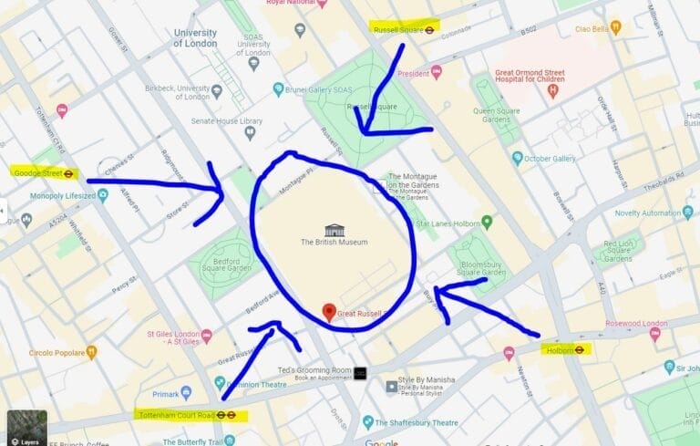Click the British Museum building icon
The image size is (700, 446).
pyautogui.click(x=335, y=229)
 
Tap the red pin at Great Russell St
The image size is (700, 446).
pyautogui.click(x=329, y=311)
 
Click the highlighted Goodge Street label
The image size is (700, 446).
pyautogui.click(x=44, y=171)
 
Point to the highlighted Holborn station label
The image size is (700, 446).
pyautogui.click(x=565, y=348)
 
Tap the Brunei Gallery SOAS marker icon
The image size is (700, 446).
pyautogui.click(x=279, y=88)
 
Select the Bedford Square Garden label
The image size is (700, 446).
pyautogui.click(x=218, y=268)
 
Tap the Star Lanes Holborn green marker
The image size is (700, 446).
pyautogui.click(x=487, y=222)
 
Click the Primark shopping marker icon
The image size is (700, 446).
pyautogui.click(x=186, y=392)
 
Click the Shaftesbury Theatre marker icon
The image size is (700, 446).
pyautogui.click(x=368, y=421)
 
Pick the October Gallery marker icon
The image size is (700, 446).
pyautogui.click(x=517, y=158)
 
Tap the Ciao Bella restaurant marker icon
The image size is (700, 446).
pyautogui.click(x=616, y=27)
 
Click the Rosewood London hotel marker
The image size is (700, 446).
pyautogui.click(x=654, y=334)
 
